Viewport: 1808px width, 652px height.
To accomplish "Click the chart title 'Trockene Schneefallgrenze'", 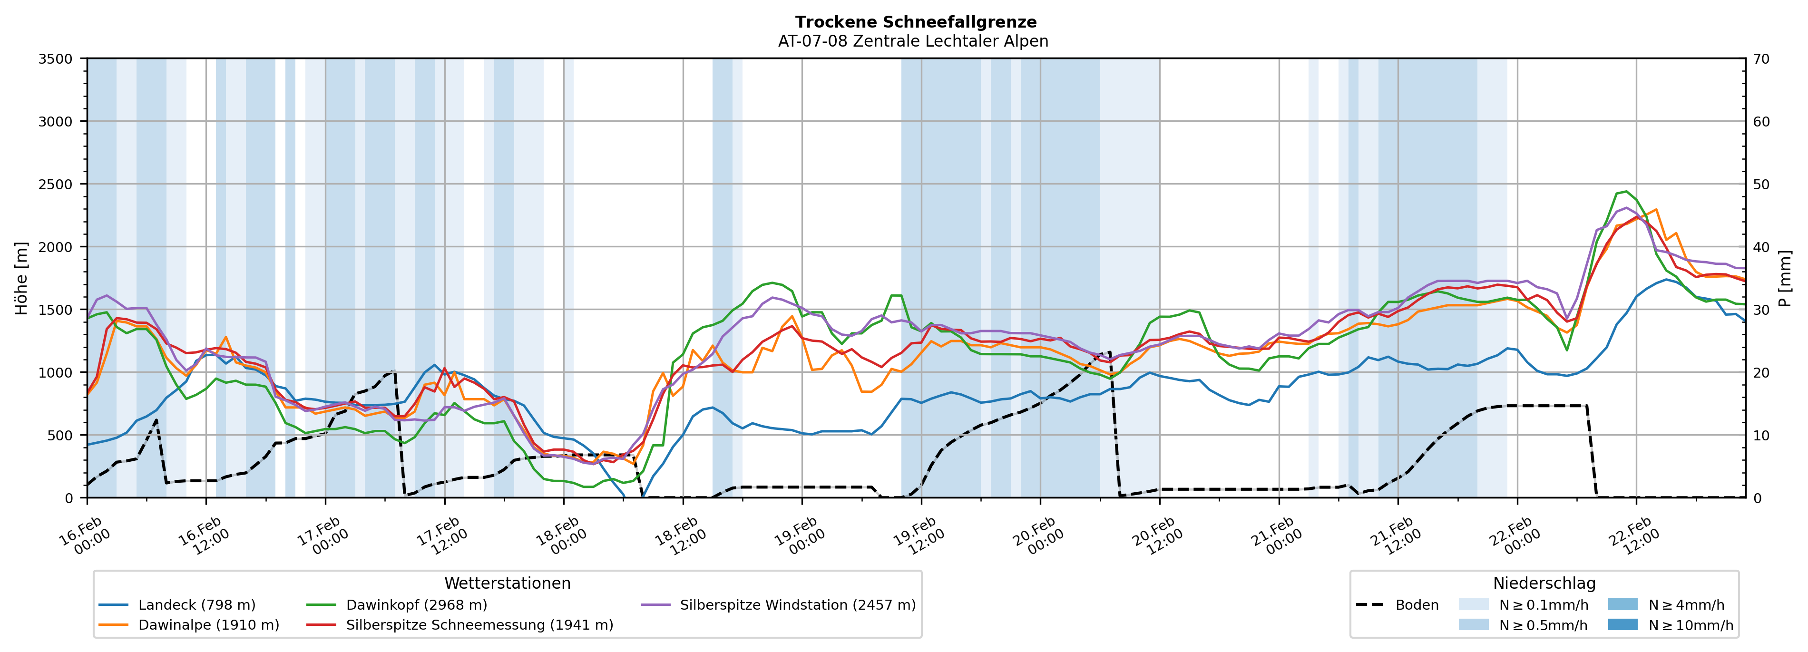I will tap(915, 22).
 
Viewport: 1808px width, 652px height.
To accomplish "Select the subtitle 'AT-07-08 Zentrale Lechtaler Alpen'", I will tap(912, 41).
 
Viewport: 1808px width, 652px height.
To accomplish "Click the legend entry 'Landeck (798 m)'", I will tap(196, 605).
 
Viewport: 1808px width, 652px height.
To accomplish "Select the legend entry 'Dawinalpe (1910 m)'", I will tap(208, 625).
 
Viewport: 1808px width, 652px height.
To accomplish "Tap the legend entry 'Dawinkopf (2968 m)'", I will tap(416, 605).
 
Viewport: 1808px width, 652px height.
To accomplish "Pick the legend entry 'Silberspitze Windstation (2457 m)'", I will tap(797, 605).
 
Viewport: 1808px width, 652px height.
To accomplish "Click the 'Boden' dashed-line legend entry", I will tap(1417, 605).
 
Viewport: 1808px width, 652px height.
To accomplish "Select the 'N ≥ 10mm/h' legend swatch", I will tap(1622, 624).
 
